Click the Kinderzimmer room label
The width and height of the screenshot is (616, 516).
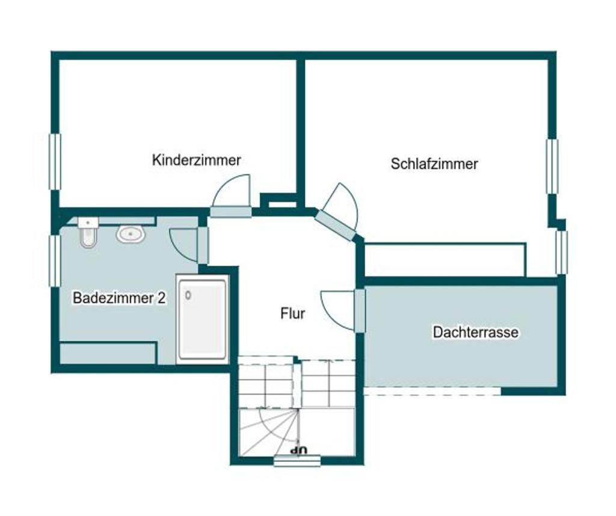click(196, 160)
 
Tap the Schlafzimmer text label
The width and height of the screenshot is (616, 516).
click(434, 164)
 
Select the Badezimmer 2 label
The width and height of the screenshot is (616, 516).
click(119, 298)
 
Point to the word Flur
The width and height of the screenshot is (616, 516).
click(293, 313)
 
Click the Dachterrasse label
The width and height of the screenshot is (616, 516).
click(475, 332)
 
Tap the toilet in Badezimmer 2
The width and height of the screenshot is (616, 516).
click(88, 233)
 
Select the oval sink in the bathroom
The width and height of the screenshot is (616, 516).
click(131, 234)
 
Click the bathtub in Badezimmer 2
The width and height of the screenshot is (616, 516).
click(203, 319)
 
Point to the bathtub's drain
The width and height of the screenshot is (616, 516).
click(189, 295)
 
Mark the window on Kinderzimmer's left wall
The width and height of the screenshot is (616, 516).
click(55, 161)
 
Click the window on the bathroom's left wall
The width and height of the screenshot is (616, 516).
click(54, 260)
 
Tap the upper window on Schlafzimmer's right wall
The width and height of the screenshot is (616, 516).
click(552, 167)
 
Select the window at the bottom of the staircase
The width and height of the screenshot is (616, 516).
click(297, 461)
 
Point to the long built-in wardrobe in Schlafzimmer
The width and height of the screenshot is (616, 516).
click(445, 260)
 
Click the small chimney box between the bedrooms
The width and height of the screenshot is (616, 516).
click(279, 201)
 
